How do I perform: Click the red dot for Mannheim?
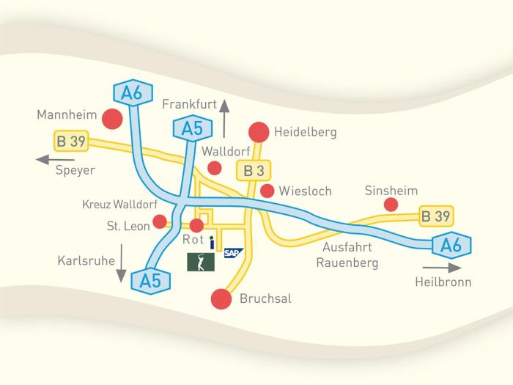(x=111, y=117)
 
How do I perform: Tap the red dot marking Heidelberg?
(x=259, y=132)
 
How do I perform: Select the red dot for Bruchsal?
(x=220, y=298)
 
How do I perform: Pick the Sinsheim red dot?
(x=391, y=205)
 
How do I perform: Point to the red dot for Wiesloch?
(x=267, y=191)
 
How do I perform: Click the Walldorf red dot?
(x=214, y=168)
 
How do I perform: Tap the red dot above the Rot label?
(x=196, y=225)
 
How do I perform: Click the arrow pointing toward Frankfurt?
(x=224, y=117)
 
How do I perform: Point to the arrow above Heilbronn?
(x=443, y=268)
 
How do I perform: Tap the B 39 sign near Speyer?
(x=71, y=140)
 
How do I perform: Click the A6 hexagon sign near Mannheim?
(x=133, y=94)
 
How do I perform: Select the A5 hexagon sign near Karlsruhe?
(x=151, y=279)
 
